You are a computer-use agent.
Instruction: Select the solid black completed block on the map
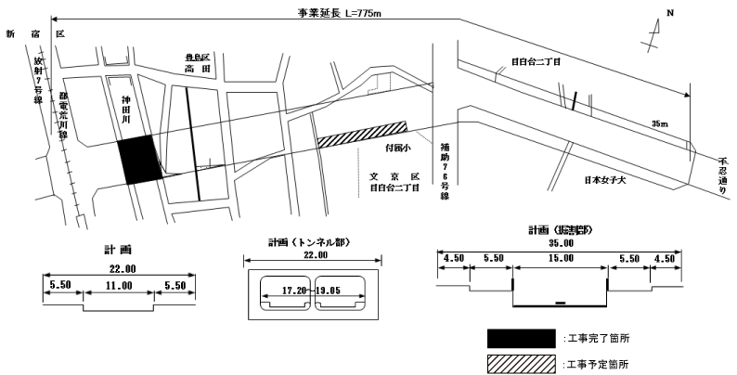click(x=138, y=159)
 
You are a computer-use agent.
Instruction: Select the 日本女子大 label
click(x=605, y=178)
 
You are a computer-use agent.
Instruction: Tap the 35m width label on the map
click(x=660, y=123)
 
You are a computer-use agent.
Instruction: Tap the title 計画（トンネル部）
click(x=302, y=242)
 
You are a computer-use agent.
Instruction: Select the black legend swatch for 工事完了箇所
click(x=520, y=336)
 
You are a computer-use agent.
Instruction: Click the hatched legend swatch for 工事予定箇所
click(x=520, y=363)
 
